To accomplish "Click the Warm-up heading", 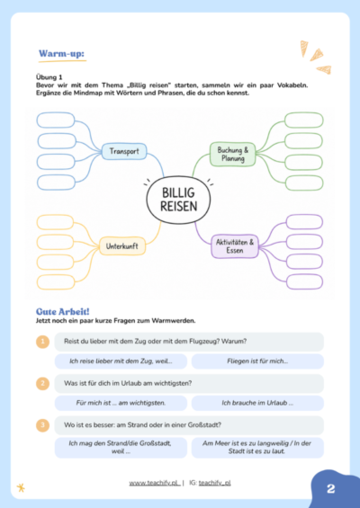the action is click(61, 53).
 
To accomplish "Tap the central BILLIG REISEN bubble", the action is click(178, 200).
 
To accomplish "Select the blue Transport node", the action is click(124, 151).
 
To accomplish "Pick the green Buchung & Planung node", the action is click(232, 155).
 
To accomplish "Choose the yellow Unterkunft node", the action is click(121, 246).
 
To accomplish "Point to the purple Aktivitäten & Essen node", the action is click(235, 246).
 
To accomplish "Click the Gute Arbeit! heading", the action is click(63, 312).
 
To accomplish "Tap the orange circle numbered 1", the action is click(43, 342).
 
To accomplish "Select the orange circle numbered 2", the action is click(43, 383).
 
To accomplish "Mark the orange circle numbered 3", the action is click(43, 425).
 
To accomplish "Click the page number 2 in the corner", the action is click(331, 488).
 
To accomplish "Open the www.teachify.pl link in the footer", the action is click(155, 483).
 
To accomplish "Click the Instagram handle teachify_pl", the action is click(215, 483).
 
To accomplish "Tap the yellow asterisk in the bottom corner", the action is click(21, 487).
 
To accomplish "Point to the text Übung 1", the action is click(49, 77).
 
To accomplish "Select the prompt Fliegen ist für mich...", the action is click(257, 361).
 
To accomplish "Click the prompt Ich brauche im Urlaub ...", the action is click(257, 403).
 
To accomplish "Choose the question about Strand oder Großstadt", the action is click(142, 424).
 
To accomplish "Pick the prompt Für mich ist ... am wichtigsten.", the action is click(121, 403).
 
